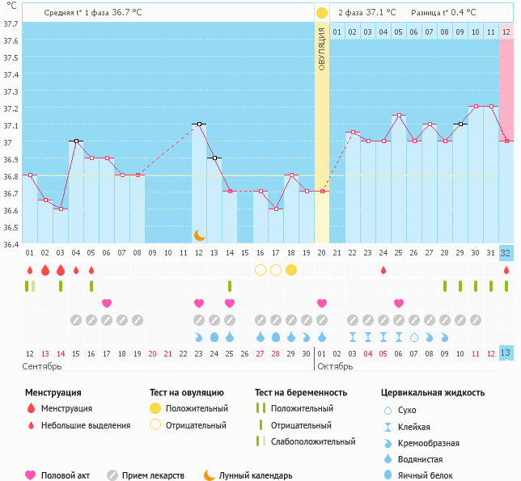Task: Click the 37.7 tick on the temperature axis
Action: point(11,23)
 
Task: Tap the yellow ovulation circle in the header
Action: point(322,13)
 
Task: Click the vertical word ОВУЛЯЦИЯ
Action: point(322,49)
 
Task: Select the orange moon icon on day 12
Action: point(199,234)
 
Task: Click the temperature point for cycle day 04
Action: point(76,141)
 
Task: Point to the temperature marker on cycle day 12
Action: point(199,124)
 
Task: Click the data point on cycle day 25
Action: point(399,116)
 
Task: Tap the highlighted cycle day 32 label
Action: point(506,253)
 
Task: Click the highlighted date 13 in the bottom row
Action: point(506,353)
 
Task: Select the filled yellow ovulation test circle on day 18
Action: point(291,269)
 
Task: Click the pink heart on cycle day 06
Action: point(107,303)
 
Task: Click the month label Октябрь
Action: point(334,366)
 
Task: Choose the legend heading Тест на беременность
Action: point(301,392)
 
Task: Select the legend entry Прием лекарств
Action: point(153,475)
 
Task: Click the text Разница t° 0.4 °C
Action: point(443,13)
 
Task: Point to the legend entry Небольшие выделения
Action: point(85,425)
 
